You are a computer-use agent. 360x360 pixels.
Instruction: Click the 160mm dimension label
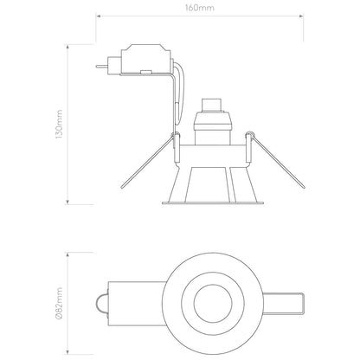200,8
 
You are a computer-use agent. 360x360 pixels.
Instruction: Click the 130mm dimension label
59,124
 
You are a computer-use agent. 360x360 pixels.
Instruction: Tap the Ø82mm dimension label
59,303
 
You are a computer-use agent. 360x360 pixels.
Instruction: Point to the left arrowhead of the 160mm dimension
99,16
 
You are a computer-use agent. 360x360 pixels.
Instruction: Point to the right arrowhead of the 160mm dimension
301,16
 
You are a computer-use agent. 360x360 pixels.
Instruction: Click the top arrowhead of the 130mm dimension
67,47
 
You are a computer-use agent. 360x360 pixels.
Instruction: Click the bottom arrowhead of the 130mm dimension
67,202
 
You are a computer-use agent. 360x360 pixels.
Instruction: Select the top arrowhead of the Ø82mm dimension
67,255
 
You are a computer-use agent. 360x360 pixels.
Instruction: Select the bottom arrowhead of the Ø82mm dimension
67,351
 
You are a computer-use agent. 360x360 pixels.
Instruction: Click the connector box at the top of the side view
146,59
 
